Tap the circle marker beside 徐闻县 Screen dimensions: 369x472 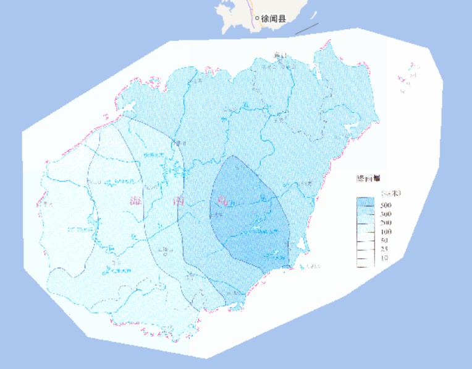pos(258,19)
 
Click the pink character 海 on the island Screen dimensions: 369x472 pos(135,200)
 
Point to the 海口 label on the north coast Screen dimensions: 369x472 pos(281,57)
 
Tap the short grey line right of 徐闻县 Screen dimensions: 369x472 pos(307,29)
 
